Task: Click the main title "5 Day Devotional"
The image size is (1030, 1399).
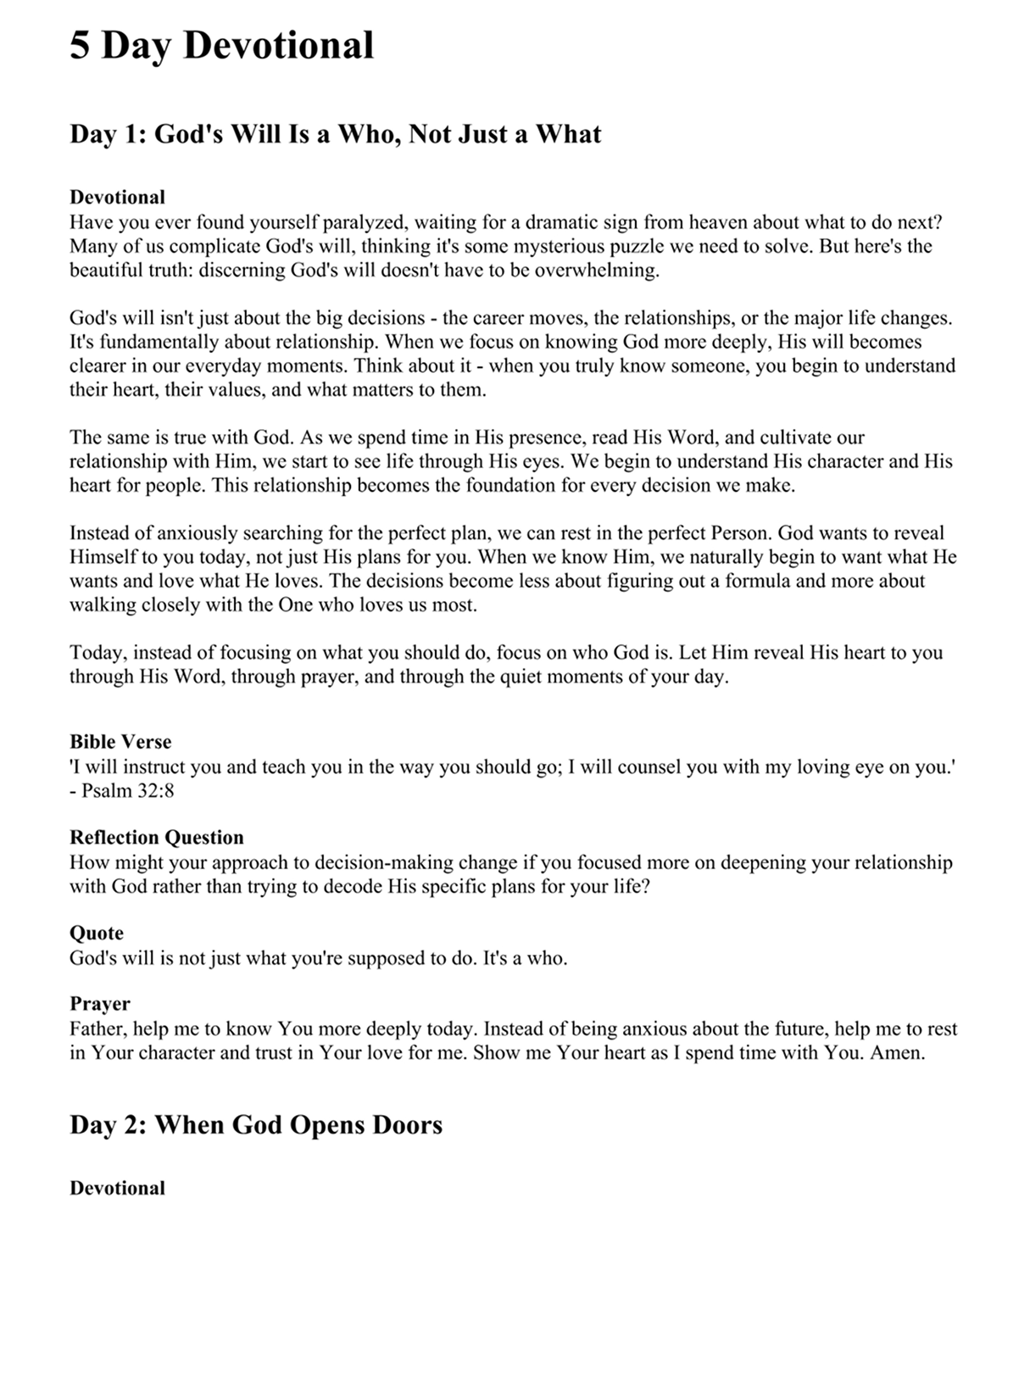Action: click(x=221, y=45)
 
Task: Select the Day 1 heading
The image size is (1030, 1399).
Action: click(x=335, y=134)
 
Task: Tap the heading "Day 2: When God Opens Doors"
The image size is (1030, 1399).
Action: click(x=255, y=1124)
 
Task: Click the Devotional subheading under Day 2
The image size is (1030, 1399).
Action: click(x=117, y=1188)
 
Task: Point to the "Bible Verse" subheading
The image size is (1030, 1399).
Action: click(x=120, y=742)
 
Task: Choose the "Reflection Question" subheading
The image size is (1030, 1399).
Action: click(x=156, y=838)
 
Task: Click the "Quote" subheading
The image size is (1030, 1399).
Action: click(x=96, y=934)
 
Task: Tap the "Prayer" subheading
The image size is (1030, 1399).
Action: click(x=99, y=1004)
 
